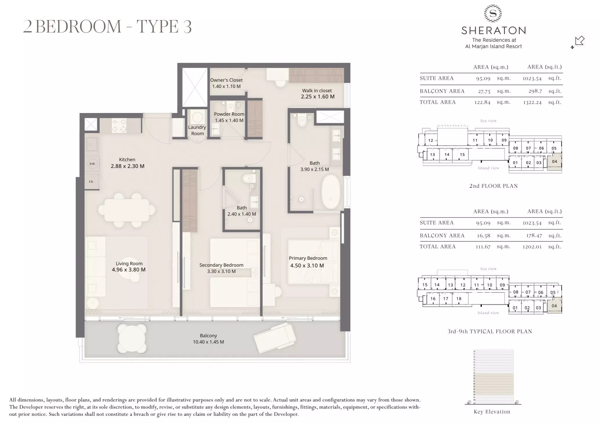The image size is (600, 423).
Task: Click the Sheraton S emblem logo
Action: (493, 13)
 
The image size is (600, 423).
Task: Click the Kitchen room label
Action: (127, 159)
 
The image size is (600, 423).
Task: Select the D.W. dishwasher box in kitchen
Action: (92, 164)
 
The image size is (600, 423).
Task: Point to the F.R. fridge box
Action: (91, 182)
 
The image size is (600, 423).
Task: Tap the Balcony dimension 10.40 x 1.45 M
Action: (208, 342)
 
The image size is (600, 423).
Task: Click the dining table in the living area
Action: (127, 210)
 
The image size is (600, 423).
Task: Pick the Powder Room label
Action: (229, 114)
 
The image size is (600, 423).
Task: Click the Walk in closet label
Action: (317, 91)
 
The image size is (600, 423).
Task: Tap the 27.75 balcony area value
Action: (484, 92)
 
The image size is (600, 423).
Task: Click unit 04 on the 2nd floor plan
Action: (554, 162)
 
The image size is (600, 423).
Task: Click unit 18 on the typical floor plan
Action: (459, 299)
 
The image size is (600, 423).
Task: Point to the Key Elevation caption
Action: (492, 412)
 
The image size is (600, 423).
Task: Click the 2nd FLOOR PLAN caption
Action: (493, 186)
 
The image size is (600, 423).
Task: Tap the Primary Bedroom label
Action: (308, 258)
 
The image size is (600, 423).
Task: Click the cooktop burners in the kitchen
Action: (119, 126)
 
